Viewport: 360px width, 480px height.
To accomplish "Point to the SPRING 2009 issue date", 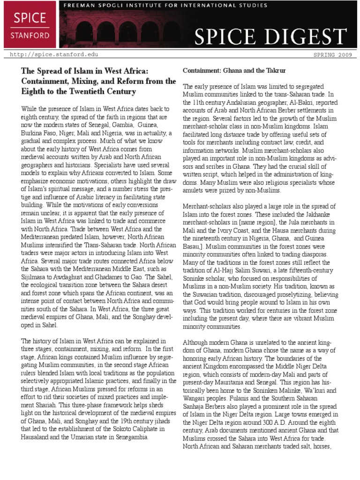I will coord(329,55).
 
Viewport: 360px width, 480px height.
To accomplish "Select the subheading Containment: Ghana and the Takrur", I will coord(234,70).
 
